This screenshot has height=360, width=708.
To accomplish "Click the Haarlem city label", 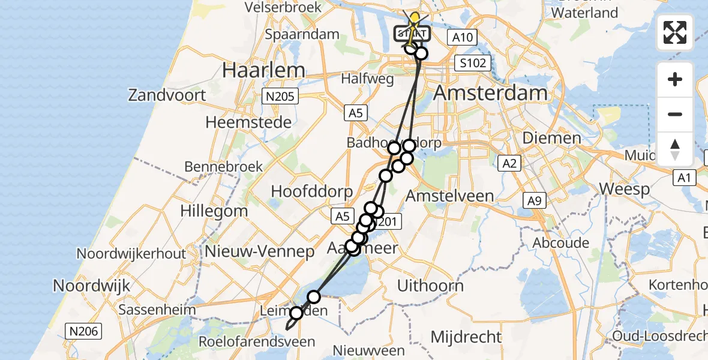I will (263, 70).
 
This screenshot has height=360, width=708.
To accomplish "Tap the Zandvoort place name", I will (167, 95).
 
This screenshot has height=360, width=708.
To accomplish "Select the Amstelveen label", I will (449, 196).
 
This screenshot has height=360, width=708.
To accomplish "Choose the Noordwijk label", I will (91, 286).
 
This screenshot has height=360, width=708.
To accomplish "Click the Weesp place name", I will (625, 190).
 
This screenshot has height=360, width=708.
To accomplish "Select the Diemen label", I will (551, 138).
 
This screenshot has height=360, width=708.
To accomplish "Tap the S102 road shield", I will (473, 62).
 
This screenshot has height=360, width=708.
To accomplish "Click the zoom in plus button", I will (675, 80).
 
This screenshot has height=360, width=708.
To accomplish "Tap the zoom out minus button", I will (675, 114).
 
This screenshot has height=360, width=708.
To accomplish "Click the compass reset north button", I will (675, 148).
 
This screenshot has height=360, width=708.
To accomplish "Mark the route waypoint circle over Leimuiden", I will (296, 313).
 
